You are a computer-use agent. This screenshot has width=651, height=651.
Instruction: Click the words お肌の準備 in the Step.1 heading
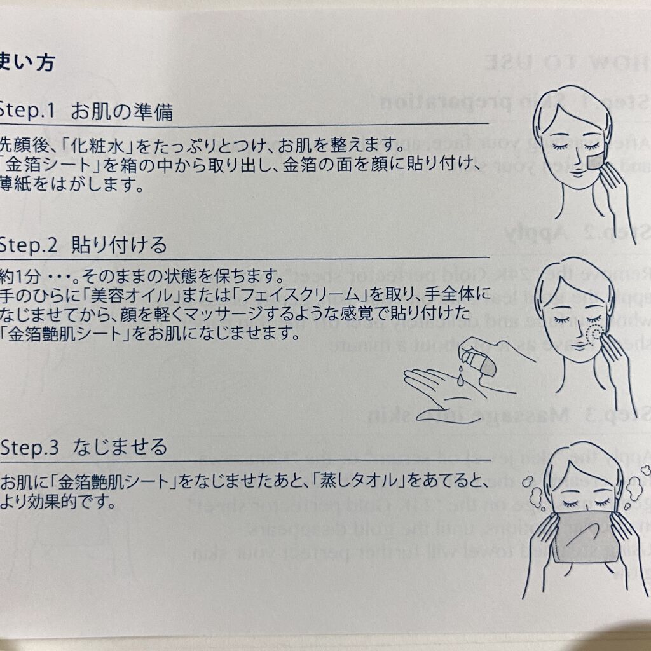click(x=122, y=112)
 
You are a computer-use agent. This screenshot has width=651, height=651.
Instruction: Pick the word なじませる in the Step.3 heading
click(x=121, y=446)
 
